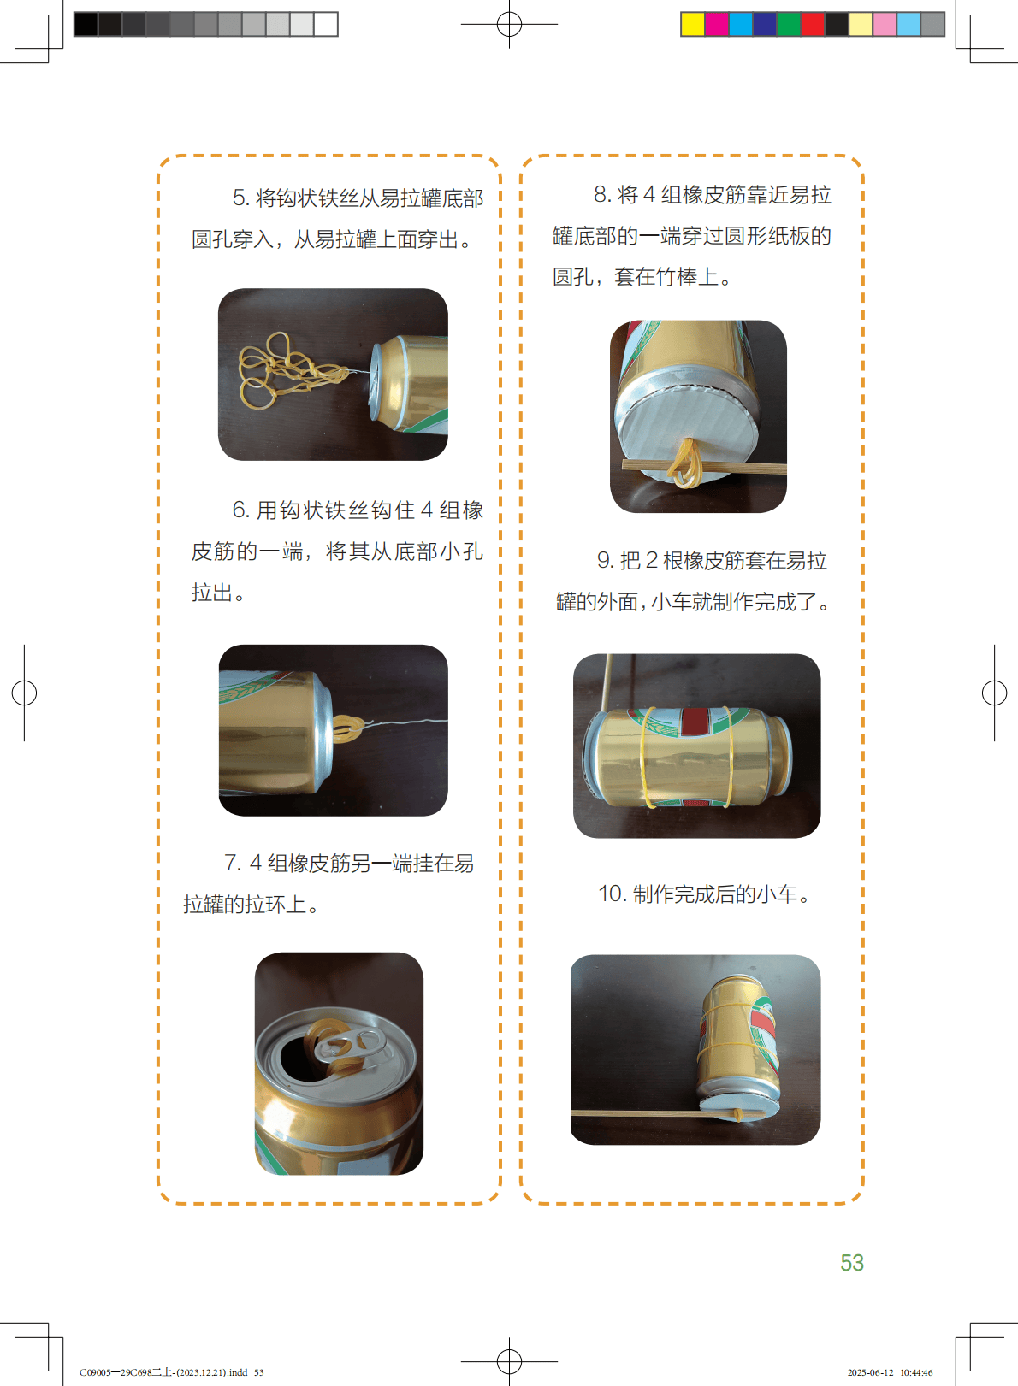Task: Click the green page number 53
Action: (851, 1263)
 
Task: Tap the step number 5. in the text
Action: (241, 198)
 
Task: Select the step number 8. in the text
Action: (602, 194)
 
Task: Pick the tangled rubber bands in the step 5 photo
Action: (291, 370)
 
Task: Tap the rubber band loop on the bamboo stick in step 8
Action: (686, 464)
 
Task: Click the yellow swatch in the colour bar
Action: (692, 25)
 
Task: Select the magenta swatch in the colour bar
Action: (716, 25)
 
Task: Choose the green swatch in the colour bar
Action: (788, 25)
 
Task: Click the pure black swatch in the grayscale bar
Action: (86, 25)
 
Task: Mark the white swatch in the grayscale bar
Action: (326, 25)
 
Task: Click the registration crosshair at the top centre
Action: (509, 24)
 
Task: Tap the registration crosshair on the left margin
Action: (24, 693)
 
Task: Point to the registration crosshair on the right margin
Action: (994, 693)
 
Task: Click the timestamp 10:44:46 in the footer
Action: (916, 1373)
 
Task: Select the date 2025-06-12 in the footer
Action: (871, 1373)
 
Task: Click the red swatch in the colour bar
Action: (813, 25)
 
